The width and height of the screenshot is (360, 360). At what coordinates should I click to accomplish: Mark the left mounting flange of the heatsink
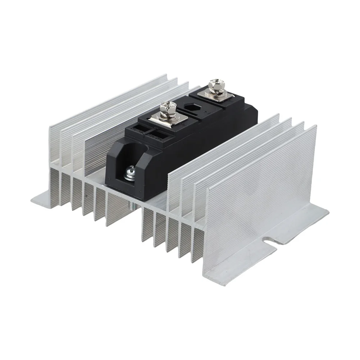43,198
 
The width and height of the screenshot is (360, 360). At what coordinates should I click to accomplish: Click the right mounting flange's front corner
223,284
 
